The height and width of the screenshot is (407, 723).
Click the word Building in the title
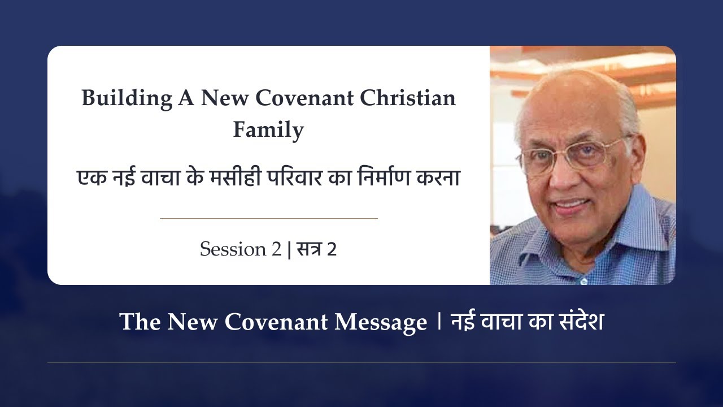[x=127, y=98]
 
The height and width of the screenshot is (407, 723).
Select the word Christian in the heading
[x=408, y=98]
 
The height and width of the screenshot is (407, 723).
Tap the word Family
[x=268, y=130]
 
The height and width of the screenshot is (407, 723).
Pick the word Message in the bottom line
[x=381, y=322]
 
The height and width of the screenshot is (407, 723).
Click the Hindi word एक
[x=92, y=178]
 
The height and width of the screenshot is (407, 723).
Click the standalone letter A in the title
[x=186, y=98]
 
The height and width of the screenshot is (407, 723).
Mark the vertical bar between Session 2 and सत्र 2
[x=289, y=249]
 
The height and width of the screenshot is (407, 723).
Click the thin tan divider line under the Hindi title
[x=269, y=218]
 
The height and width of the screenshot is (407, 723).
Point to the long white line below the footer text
[x=361, y=362]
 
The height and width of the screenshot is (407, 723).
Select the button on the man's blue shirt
[x=583, y=282]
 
